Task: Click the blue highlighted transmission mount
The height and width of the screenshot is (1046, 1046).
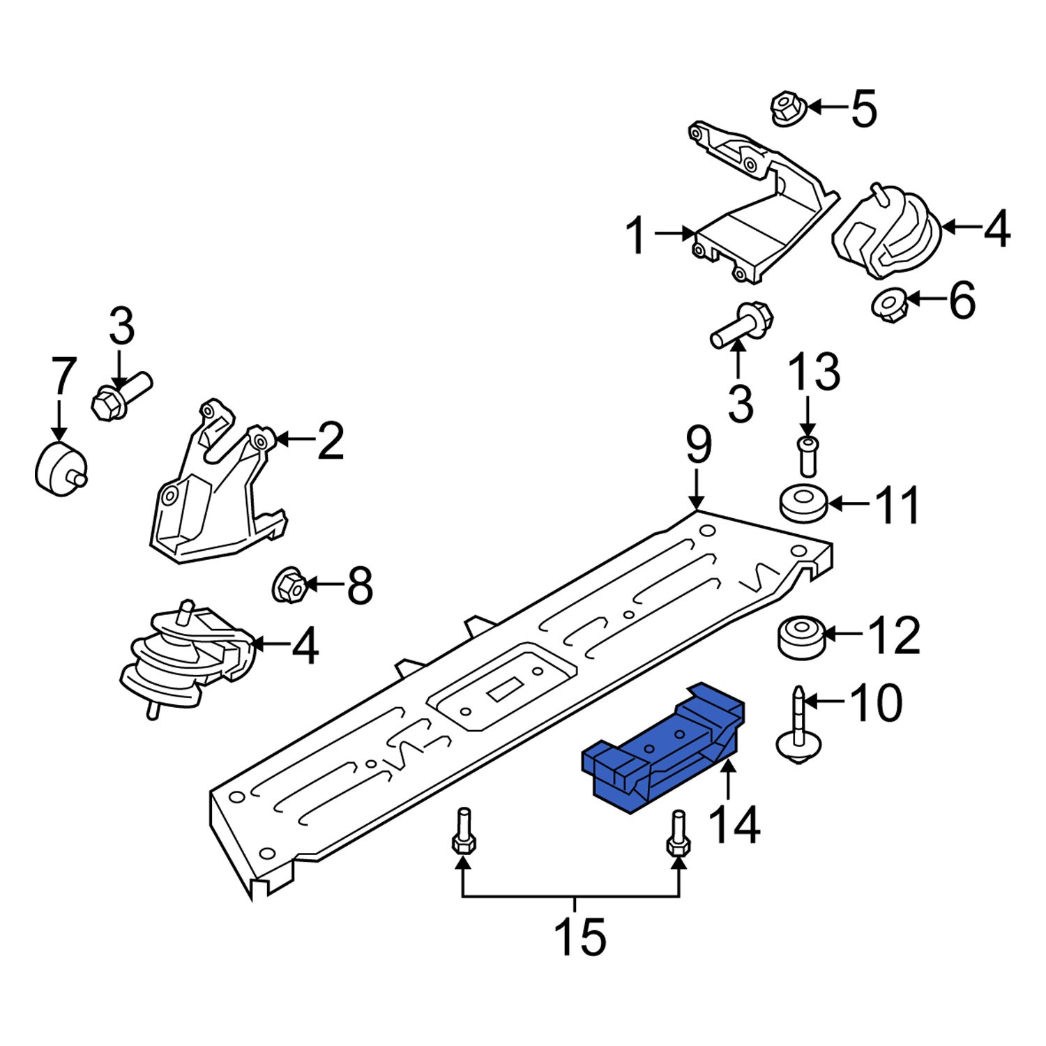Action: point(662,750)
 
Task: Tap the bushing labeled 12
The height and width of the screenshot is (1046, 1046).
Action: point(801,637)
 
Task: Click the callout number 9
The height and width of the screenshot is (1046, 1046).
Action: point(698,446)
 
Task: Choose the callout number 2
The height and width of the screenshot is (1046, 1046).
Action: point(330,441)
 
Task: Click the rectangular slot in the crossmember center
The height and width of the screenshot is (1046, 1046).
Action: point(503,691)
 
